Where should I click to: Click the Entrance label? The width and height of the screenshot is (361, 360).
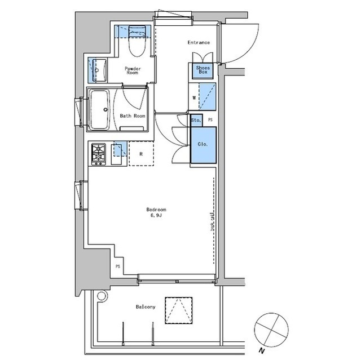click(199, 42)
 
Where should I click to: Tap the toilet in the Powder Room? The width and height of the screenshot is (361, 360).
click(138, 41)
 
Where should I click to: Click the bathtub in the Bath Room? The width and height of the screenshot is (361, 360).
click(99, 110)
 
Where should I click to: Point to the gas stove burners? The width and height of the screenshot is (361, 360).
click(99, 154)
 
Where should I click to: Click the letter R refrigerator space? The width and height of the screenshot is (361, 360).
click(141, 154)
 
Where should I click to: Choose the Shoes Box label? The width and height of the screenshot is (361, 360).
click(203, 70)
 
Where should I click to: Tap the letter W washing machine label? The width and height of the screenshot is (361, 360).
click(194, 97)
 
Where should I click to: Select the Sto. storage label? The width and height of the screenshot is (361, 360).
click(196, 120)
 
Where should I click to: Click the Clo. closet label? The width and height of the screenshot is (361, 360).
click(202, 144)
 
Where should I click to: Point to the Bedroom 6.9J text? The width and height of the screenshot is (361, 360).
click(156, 212)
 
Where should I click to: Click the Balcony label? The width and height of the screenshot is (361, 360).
click(146, 307)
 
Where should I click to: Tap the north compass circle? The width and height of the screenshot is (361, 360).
click(271, 330)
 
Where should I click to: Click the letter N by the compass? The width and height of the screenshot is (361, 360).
click(261, 351)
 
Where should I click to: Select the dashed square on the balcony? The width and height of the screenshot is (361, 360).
click(179, 310)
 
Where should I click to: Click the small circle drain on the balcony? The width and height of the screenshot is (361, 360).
click(102, 296)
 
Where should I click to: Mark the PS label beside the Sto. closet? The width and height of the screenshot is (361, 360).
click(210, 120)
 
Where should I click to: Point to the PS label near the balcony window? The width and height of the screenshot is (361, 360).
click(118, 266)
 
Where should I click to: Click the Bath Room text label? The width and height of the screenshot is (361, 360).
click(133, 116)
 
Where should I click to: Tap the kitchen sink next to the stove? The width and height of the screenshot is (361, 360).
click(117, 154)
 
